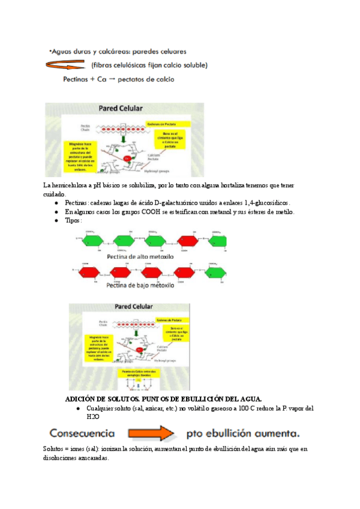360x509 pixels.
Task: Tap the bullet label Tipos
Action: [72, 220]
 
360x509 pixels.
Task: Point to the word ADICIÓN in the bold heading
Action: [81, 399]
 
